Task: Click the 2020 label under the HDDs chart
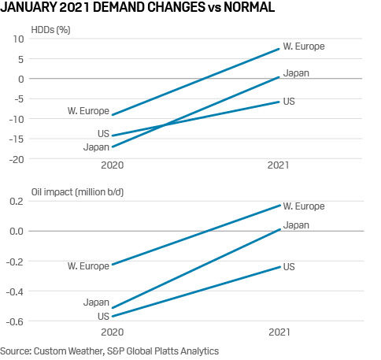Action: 113,166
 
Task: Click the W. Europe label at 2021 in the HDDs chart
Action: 304,46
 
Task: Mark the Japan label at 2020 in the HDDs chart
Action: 96,147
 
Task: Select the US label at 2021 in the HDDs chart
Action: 290,102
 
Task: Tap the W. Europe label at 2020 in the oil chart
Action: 88,266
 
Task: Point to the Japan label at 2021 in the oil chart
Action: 296,225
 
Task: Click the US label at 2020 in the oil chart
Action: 102,315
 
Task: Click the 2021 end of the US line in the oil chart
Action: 279,266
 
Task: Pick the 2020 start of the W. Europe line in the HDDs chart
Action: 113,115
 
